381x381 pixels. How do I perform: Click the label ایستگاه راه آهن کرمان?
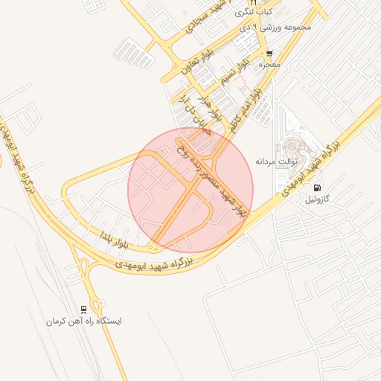point(83,321)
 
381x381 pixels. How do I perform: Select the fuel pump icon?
point(318,188)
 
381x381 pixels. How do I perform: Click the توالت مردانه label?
point(276,160)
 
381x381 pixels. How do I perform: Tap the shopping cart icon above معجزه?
point(269,54)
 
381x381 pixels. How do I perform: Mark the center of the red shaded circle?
point(190,190)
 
